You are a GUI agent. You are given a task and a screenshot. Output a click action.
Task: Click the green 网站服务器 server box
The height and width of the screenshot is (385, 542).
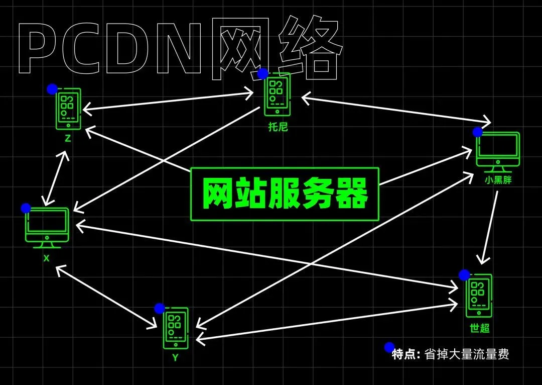pyautogui.click(x=285, y=194)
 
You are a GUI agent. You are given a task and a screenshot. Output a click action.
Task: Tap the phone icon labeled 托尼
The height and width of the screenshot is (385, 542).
pyautogui.click(x=277, y=94)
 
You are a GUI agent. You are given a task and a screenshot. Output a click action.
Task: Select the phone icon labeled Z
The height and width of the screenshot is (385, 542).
pyautogui.click(x=68, y=109)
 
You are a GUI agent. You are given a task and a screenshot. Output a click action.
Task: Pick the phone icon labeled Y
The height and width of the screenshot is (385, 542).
pyautogui.click(x=176, y=328)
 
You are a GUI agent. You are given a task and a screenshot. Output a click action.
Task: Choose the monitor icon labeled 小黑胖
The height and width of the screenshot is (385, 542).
pyautogui.click(x=498, y=152)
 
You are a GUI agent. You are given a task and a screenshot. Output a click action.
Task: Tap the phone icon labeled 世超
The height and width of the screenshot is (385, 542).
pyautogui.click(x=479, y=296)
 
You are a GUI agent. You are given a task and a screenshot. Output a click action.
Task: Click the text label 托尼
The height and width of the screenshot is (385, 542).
pyautogui.click(x=278, y=127)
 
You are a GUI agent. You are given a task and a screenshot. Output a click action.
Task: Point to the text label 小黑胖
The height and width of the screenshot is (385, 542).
pyautogui.click(x=498, y=180)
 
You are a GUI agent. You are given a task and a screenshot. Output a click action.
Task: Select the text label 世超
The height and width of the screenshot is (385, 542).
pyautogui.click(x=479, y=328)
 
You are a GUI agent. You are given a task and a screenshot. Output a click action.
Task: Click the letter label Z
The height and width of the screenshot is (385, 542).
pyautogui.click(x=68, y=139)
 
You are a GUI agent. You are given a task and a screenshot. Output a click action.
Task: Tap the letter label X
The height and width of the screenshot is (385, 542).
pyautogui.click(x=46, y=258)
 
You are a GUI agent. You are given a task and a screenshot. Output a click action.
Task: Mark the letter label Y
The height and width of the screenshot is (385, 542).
pyautogui.click(x=175, y=357)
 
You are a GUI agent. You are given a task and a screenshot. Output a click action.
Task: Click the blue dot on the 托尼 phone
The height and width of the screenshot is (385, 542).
pyautogui.click(x=262, y=73)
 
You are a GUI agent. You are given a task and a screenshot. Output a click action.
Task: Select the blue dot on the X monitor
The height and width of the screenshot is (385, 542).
pyautogui.click(x=26, y=209)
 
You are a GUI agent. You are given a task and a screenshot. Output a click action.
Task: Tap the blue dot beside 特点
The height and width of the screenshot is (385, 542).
pyautogui.click(x=389, y=347)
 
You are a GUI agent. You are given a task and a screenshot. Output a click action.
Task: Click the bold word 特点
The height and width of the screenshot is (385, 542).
pyautogui.click(x=403, y=354)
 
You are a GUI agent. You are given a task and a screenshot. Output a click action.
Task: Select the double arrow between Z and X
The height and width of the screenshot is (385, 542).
pyautogui.click(x=55, y=178)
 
